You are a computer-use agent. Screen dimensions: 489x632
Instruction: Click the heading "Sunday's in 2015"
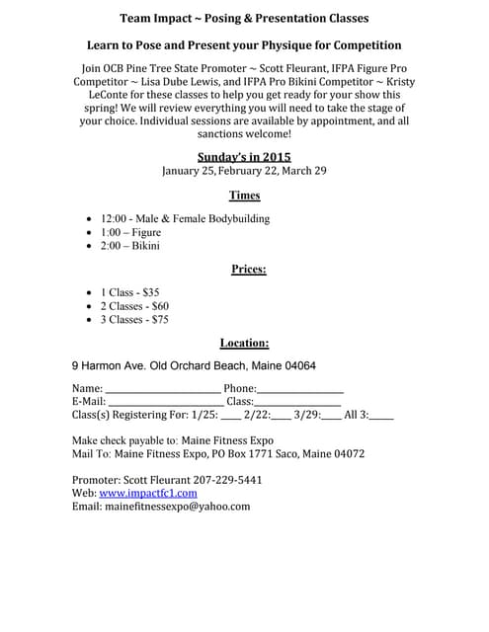click(244, 156)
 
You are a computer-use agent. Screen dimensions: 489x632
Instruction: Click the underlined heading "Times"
click(244, 196)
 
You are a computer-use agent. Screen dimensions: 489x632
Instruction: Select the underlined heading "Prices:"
click(248, 269)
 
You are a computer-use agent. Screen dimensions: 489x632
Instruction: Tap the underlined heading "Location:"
click(244, 343)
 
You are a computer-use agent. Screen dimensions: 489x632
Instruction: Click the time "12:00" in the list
click(116, 219)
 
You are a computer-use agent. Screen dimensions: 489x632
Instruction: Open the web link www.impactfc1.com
click(147, 492)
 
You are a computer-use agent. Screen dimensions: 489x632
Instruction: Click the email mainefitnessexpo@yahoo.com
click(177, 506)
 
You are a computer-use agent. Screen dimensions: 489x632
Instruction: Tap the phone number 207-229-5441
click(232, 479)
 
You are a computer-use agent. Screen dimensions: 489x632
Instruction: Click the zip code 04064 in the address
click(298, 365)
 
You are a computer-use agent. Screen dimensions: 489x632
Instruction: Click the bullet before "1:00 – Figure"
click(92, 233)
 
